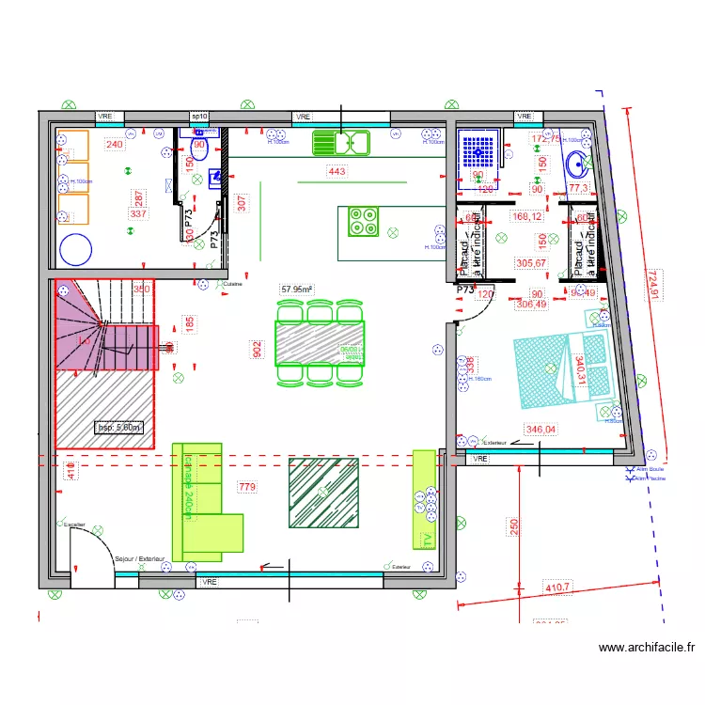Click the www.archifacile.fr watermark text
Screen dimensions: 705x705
[x=646, y=647]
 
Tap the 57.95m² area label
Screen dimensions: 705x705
[x=297, y=290]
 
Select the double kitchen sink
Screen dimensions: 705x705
[x=342, y=143]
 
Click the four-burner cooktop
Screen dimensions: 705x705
[x=363, y=221]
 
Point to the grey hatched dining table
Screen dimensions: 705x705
[x=320, y=343]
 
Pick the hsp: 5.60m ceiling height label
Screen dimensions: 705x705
[x=120, y=428]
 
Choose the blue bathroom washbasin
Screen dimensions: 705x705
[x=579, y=165]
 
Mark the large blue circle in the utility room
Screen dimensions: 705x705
[x=76, y=250]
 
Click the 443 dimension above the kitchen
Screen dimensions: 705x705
[x=337, y=171]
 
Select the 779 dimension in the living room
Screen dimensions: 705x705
[x=246, y=487]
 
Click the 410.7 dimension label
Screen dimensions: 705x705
[x=557, y=587]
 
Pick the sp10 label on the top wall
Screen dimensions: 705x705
[x=199, y=117]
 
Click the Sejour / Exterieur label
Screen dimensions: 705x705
[x=139, y=559]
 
